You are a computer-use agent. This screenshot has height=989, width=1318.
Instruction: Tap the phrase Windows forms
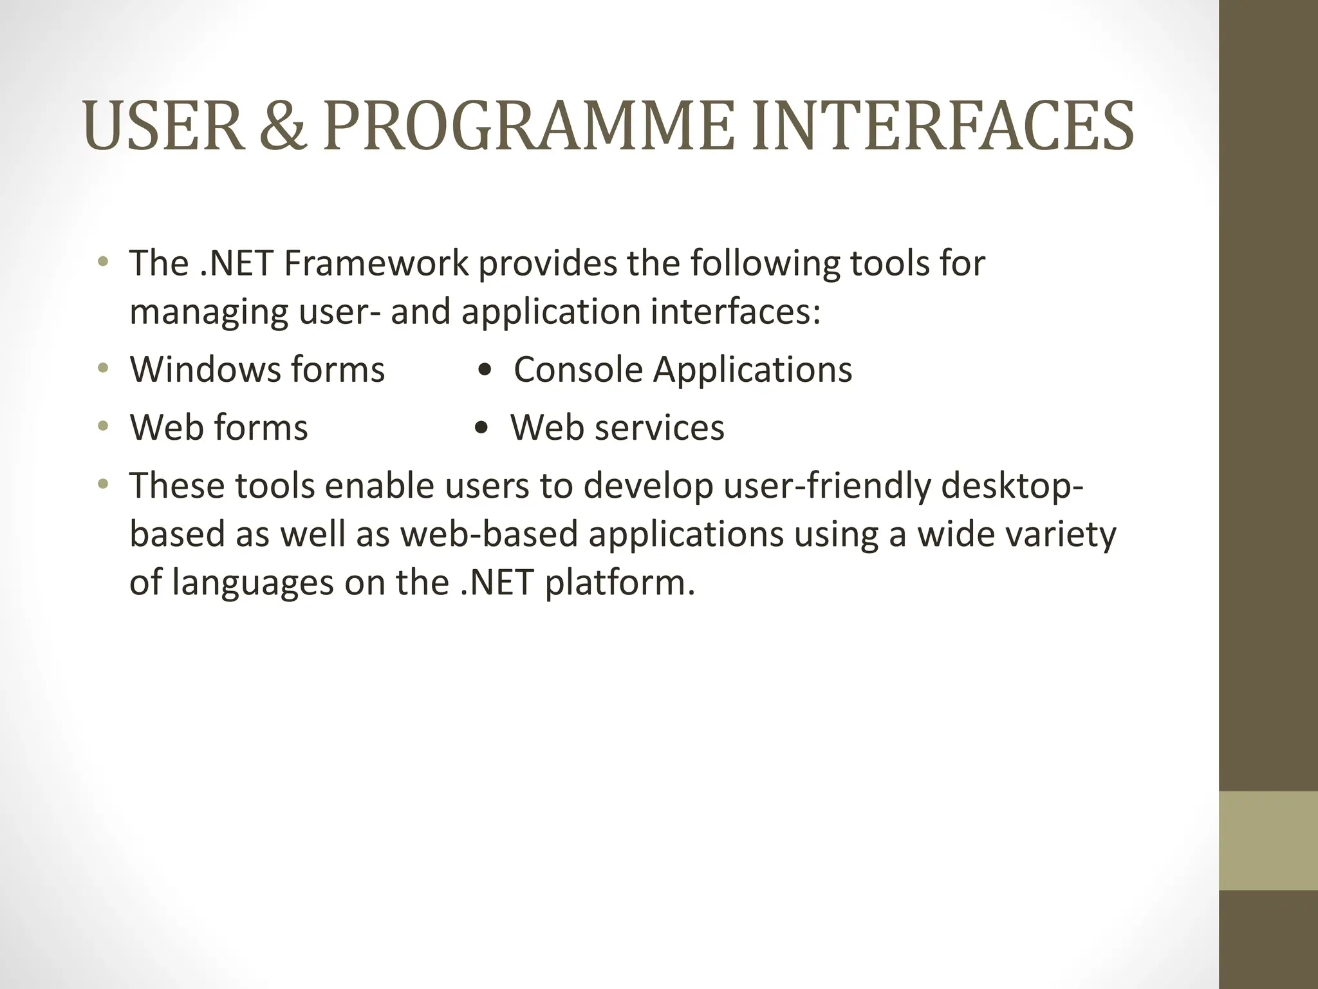click(257, 370)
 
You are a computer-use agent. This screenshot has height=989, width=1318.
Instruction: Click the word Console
click(579, 370)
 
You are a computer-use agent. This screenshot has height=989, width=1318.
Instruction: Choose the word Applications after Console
click(753, 370)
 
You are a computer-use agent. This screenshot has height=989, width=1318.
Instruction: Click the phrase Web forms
click(219, 428)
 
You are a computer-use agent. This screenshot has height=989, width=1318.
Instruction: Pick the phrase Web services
click(617, 428)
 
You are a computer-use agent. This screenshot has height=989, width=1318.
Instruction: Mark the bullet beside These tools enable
click(103, 484)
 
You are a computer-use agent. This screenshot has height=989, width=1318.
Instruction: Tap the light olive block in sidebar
click(1268, 840)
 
